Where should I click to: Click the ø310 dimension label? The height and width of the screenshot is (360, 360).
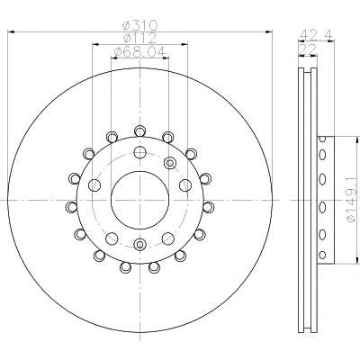point(140,25)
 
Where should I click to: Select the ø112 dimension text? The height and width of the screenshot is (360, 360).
point(140,38)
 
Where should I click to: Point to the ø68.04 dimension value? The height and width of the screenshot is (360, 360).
point(139,52)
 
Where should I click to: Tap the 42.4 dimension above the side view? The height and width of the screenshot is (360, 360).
point(316,34)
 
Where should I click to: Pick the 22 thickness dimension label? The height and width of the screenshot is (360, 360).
point(308,49)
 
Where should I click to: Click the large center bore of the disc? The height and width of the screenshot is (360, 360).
point(139,200)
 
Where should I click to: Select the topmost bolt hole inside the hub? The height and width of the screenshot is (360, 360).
point(139,152)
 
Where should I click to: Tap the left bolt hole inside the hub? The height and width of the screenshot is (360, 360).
point(94,185)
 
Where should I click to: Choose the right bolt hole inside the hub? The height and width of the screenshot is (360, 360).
point(185,185)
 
